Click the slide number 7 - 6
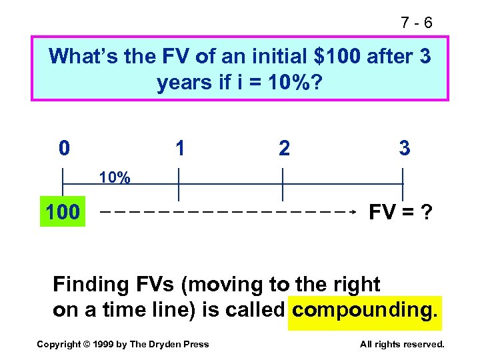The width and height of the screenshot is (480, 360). tap(417, 23)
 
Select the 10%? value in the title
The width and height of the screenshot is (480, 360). tap(295, 83)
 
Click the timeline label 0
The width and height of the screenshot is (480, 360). tap(63, 147)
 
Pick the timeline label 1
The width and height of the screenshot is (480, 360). tap(179, 147)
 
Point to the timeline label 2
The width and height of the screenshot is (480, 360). tap(284, 148)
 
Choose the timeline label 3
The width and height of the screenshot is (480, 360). tap(404, 147)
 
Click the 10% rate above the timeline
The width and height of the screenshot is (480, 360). tap(115, 178)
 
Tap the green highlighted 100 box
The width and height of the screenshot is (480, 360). tap(63, 213)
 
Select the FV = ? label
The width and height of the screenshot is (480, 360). tap(401, 213)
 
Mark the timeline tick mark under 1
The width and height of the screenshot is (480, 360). tap(179, 184)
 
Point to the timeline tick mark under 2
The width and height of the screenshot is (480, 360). tap(283, 184)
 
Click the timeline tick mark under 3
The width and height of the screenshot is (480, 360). tap(403, 184)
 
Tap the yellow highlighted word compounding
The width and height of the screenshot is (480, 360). tap(365, 311)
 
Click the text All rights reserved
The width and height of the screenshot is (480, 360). tap(402, 344)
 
